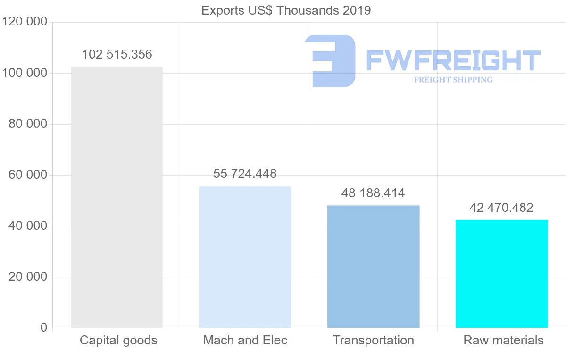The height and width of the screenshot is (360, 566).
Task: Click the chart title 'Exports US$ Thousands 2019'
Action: coord(286,10)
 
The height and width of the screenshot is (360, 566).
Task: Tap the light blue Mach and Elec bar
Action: coord(245,257)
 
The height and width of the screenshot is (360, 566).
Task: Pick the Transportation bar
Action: coord(373,267)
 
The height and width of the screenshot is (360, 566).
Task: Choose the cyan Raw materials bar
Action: coord(501,274)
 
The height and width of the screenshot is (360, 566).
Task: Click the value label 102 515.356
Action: coord(117,54)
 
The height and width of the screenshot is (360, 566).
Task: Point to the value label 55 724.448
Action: coord(245,174)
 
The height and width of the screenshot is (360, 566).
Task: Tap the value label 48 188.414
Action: coord(373,193)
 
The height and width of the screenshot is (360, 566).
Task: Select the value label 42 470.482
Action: coord(501,208)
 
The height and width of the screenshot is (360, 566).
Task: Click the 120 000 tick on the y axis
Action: coord(25,22)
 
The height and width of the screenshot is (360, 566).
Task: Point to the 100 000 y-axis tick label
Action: coord(25,73)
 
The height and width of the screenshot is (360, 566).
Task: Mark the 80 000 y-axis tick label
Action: coord(28,124)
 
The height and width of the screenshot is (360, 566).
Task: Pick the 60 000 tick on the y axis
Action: coord(28,175)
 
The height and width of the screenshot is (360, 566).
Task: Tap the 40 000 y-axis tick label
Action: coord(28,226)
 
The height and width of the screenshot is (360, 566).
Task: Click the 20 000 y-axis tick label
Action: coord(28,277)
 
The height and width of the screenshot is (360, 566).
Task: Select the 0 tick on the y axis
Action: coord(44,328)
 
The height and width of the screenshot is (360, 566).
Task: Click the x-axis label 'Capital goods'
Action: coord(118,340)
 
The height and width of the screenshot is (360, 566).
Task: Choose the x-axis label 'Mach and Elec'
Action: coord(245,340)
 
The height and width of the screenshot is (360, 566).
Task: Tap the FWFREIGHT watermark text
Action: coord(453,61)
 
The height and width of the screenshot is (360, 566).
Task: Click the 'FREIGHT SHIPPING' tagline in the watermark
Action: coord(453,80)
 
